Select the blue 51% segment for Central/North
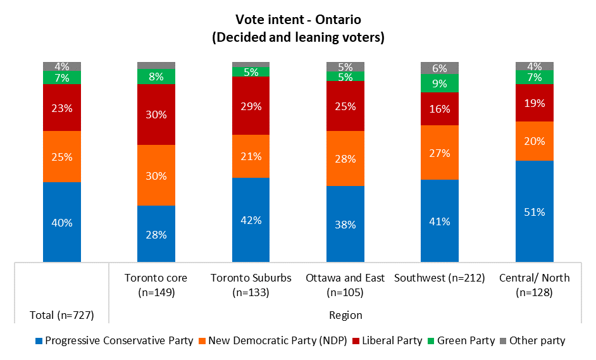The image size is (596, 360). coord(535,211)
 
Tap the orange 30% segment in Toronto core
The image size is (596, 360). coord(156,175)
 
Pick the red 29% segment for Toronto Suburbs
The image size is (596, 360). coord(251,106)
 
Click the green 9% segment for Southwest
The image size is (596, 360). coord(440,84)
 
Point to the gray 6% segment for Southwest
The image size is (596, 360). coord(440,68)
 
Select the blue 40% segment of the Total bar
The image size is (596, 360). coord(62,222)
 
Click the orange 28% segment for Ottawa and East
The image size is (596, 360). coord(345,158)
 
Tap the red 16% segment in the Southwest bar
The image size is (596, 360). coord(440,109)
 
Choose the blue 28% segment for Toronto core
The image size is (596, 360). coord(156,234)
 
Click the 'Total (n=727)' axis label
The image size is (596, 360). coord(61,314)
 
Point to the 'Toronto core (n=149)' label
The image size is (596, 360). coord(156,285)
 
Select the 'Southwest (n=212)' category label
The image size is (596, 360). coord(440,278)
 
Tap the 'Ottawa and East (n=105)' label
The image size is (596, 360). coord(345,285)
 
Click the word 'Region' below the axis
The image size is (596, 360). coord(345,314)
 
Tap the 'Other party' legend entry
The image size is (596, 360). coord(535,340)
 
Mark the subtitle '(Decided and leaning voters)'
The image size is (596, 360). coord(298,37)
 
